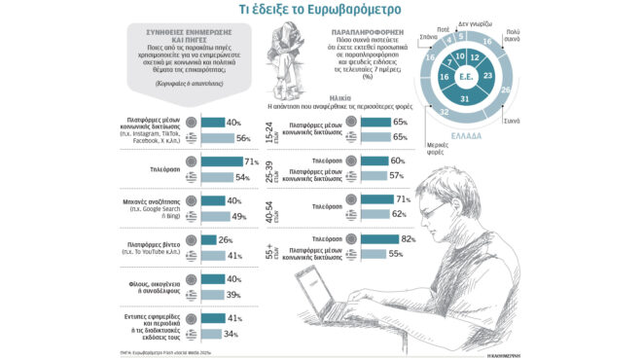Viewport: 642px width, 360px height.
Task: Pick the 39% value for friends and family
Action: point(232,294)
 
